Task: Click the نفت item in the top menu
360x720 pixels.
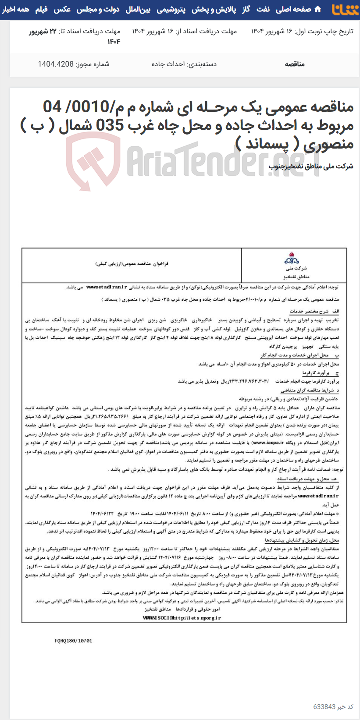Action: tap(263, 9)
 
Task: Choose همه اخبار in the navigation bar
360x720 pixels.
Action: tap(16, 9)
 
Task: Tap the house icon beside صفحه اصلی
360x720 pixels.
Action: tap(318, 9)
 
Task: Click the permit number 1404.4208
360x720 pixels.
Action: tap(56, 64)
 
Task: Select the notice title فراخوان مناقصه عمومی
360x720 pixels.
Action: tap(132, 264)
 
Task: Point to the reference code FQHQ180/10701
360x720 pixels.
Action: tap(74, 641)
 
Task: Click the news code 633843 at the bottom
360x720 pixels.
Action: tap(324, 707)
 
